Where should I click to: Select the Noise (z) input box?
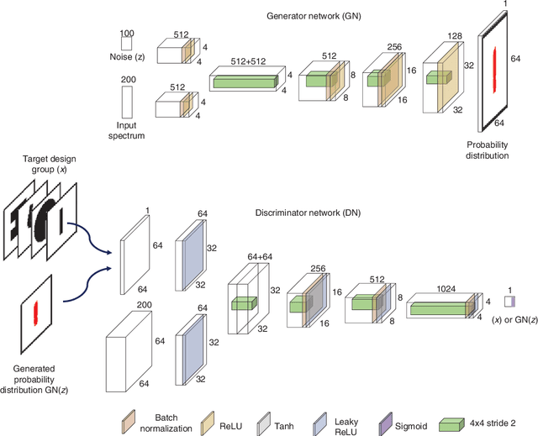coord(127,49)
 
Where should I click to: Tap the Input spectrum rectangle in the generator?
coord(127,102)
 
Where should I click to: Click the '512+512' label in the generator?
coord(243,71)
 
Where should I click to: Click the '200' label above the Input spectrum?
coord(127,78)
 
